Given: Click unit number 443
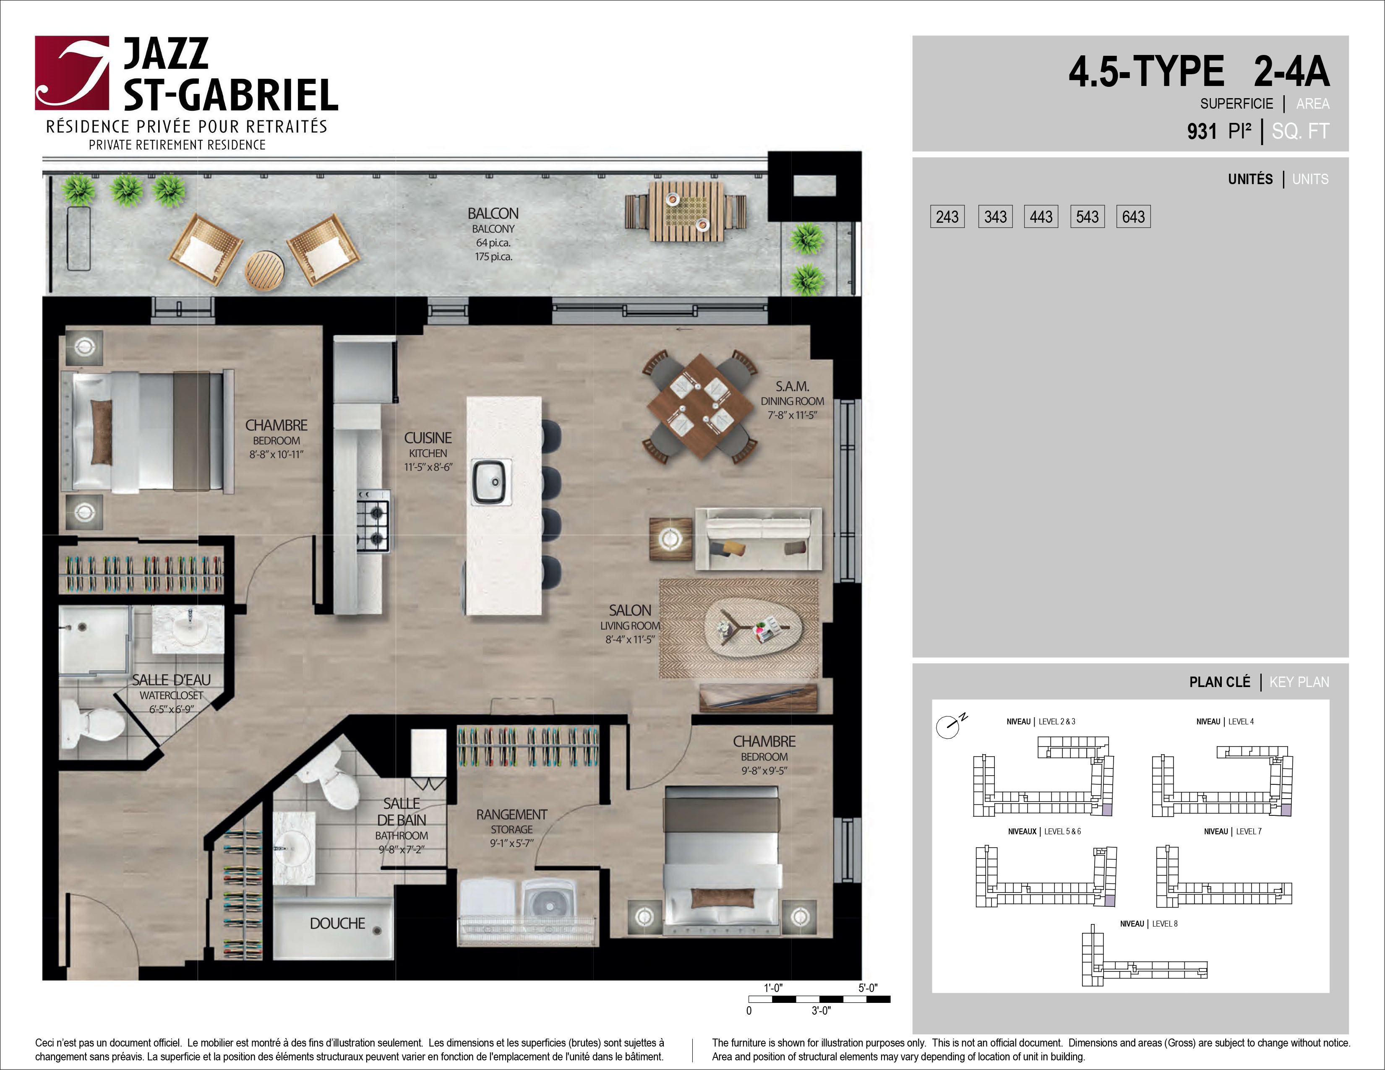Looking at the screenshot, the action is (x=1041, y=217).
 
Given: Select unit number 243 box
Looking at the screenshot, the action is (x=947, y=217).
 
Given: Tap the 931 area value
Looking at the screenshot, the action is (x=1202, y=131).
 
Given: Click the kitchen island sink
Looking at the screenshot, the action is (x=491, y=482).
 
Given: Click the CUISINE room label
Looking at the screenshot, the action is (x=428, y=438).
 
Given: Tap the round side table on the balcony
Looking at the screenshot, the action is (x=264, y=271).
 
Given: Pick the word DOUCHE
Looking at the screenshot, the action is (x=337, y=924).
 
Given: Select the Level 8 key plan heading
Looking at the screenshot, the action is (x=1148, y=924).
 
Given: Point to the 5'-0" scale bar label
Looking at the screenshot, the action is (x=868, y=988).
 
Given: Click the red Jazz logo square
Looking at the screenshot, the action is (x=72, y=73).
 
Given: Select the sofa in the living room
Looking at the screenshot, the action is (x=759, y=539).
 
